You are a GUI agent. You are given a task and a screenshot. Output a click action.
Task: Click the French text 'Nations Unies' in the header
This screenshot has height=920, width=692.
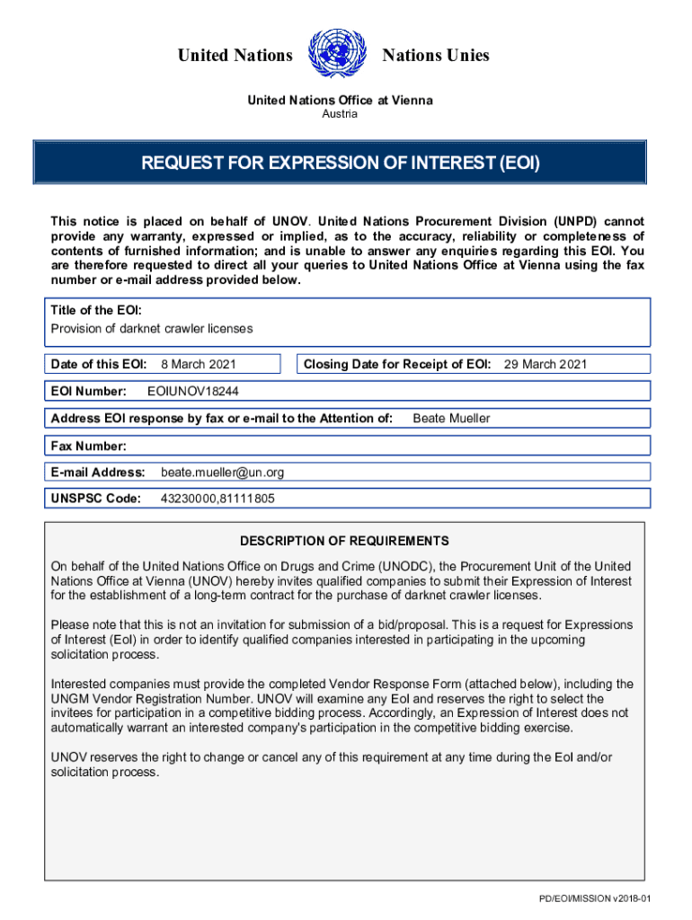tap(436, 56)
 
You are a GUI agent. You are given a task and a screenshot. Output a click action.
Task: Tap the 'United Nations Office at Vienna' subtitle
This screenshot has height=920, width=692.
tap(340, 100)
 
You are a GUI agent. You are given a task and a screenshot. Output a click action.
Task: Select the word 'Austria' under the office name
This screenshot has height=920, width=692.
tap(340, 114)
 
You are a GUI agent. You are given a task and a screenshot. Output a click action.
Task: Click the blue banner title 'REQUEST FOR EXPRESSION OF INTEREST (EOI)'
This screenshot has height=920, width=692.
tap(340, 163)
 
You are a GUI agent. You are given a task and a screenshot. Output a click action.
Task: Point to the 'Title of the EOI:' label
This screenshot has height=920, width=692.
tap(96, 310)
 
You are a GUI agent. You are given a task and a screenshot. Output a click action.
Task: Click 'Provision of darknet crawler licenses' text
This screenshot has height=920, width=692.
tap(152, 329)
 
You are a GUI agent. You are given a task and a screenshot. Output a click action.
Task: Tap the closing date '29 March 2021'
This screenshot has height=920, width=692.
tap(545, 364)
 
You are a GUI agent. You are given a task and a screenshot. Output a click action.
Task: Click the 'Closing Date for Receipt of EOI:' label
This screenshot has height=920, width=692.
tap(397, 364)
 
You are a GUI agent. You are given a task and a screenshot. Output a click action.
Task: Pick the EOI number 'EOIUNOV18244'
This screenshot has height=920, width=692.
tap(193, 392)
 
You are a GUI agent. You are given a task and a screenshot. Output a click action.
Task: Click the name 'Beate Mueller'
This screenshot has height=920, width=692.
tap(451, 419)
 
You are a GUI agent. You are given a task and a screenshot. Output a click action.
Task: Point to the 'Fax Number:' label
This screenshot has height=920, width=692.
tap(89, 446)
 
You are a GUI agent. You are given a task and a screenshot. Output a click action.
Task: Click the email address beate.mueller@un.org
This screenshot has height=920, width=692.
tap(223, 472)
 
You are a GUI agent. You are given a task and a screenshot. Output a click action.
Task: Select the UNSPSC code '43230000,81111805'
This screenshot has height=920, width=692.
tap(217, 499)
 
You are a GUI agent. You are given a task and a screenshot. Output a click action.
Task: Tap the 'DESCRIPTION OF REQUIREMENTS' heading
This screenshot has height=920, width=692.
tap(344, 541)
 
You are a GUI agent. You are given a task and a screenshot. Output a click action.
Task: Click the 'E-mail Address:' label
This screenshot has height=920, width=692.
tap(98, 472)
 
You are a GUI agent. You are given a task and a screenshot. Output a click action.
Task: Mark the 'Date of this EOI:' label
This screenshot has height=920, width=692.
tap(99, 364)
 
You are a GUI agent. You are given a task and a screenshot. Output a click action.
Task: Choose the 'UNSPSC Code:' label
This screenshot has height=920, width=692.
tap(95, 499)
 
